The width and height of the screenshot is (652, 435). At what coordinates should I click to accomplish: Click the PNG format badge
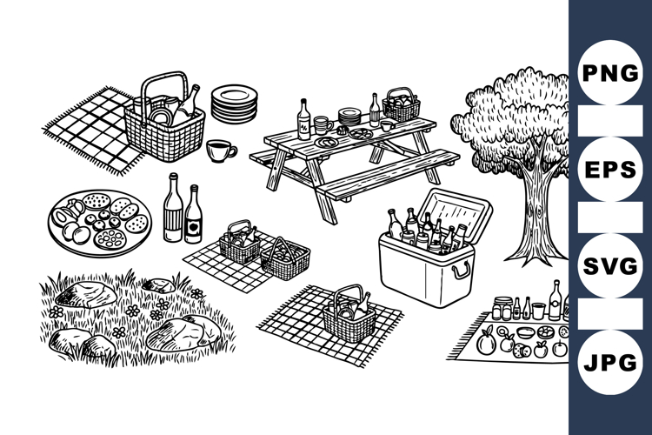(609, 72)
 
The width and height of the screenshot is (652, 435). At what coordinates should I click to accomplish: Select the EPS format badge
(609, 169)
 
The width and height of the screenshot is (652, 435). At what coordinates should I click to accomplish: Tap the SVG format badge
(609, 265)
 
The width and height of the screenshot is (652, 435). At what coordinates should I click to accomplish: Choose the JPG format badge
(609, 363)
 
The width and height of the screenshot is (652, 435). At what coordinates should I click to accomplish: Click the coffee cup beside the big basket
(220, 151)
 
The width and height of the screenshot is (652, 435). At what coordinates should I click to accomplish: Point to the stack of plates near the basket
(234, 104)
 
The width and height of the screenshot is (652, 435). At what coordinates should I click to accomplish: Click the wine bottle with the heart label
(193, 216)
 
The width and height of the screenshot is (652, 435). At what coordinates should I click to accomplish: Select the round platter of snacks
(100, 222)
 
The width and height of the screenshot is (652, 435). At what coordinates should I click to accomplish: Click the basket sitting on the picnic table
(402, 106)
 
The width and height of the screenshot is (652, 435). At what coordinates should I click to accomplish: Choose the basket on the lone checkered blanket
(349, 314)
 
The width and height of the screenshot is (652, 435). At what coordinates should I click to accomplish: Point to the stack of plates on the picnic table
(349, 116)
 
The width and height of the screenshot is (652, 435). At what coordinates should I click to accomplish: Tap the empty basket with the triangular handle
(285, 259)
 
